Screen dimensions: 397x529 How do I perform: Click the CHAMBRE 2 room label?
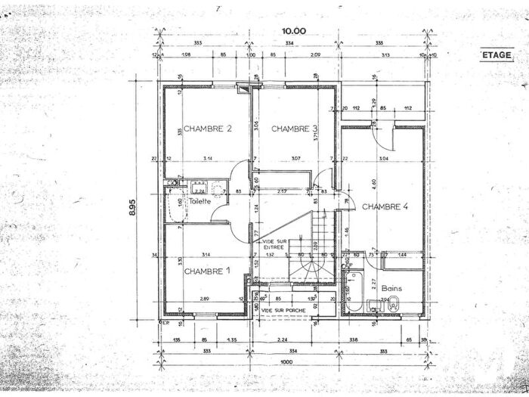(x=206, y=129)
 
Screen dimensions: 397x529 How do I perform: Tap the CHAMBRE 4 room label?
(x=385, y=206)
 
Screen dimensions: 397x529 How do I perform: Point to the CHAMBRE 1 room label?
(x=206, y=271)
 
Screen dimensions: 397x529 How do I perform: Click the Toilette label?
(x=200, y=202)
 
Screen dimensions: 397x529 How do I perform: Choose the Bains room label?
(x=391, y=288)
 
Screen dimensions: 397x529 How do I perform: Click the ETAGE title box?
(x=497, y=55)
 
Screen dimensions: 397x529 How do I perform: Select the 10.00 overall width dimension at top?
(x=294, y=31)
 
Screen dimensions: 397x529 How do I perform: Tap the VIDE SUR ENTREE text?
(x=269, y=244)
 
